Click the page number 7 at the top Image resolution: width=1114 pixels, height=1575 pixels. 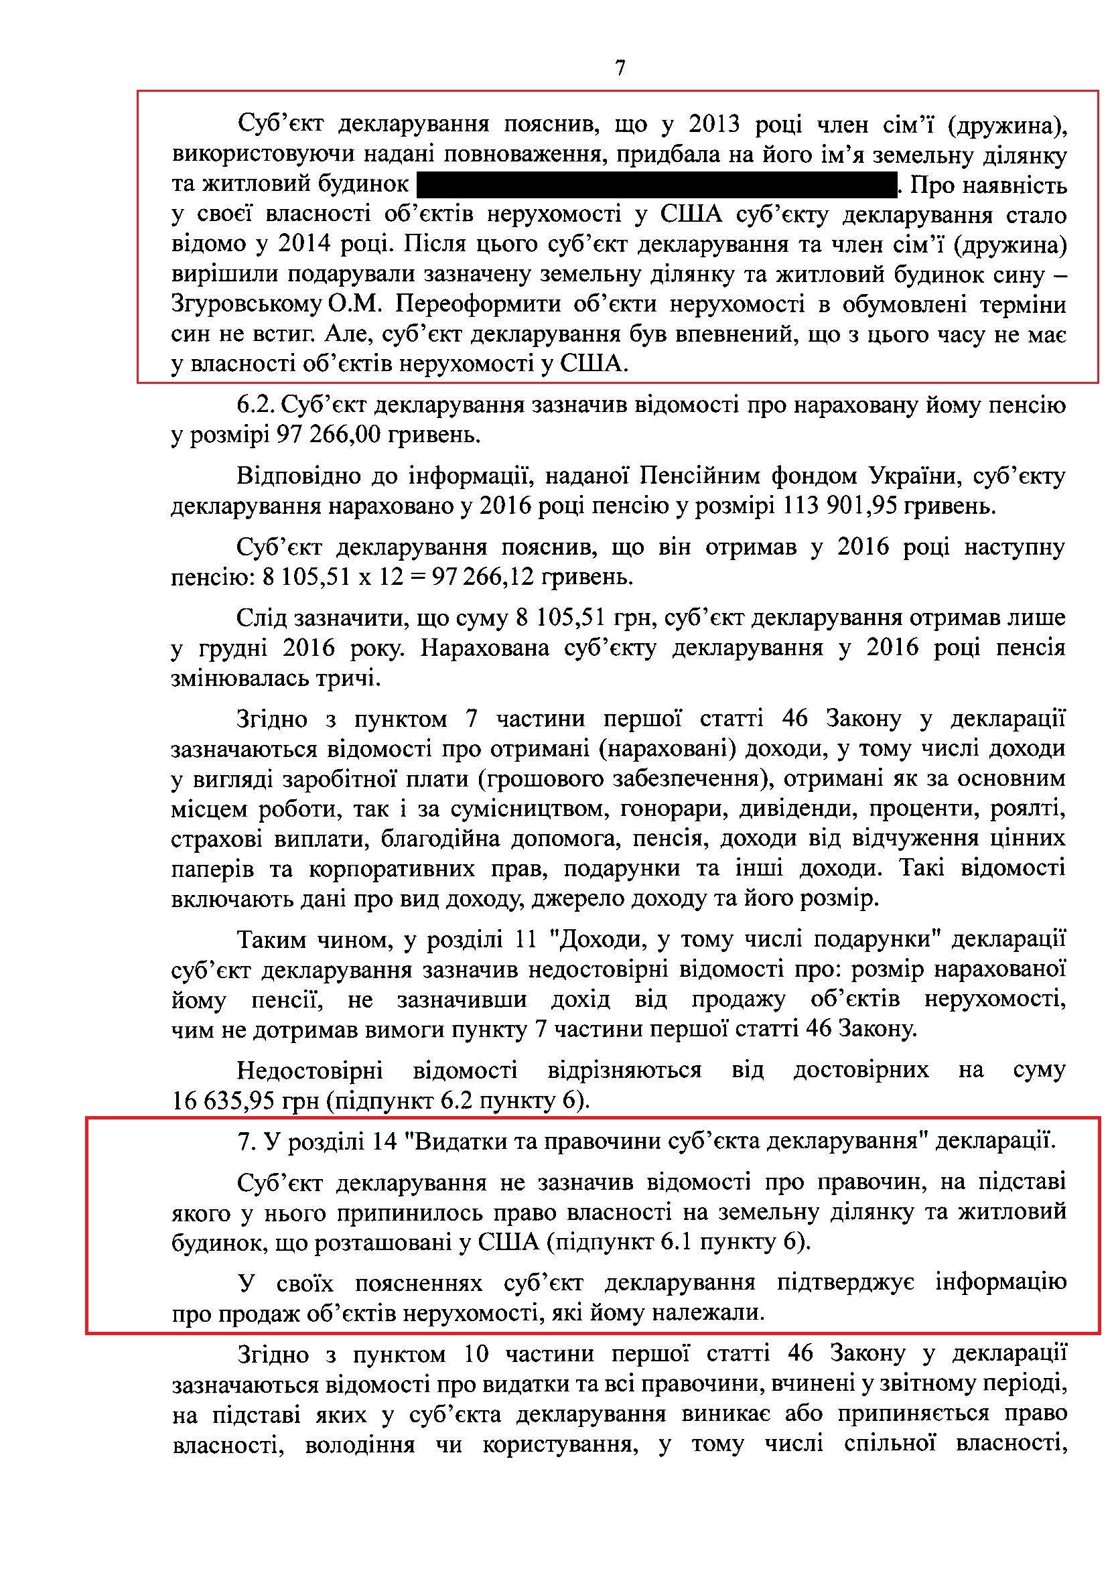click(x=620, y=68)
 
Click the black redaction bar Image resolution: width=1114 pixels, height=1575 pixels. click(x=656, y=185)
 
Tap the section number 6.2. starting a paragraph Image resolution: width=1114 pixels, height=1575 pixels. click(x=256, y=405)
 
